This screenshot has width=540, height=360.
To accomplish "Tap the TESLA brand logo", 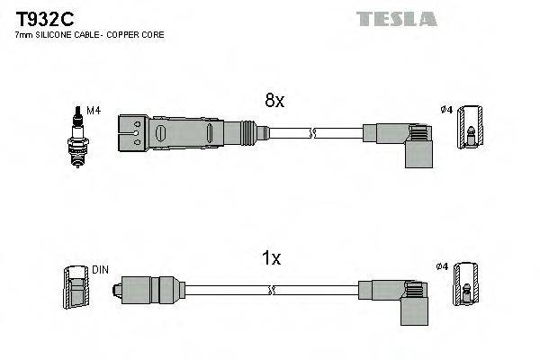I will pos(397,18).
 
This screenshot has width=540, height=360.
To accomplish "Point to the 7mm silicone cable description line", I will pos(89,35).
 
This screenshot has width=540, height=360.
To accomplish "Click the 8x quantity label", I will pos(274,102).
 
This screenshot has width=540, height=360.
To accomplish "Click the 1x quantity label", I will pos(271,258).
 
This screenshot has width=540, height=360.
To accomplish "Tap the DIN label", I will pos(101,269).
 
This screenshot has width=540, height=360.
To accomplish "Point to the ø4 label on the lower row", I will pos(442,266).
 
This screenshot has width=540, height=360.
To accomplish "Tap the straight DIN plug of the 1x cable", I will pos(144,290).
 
